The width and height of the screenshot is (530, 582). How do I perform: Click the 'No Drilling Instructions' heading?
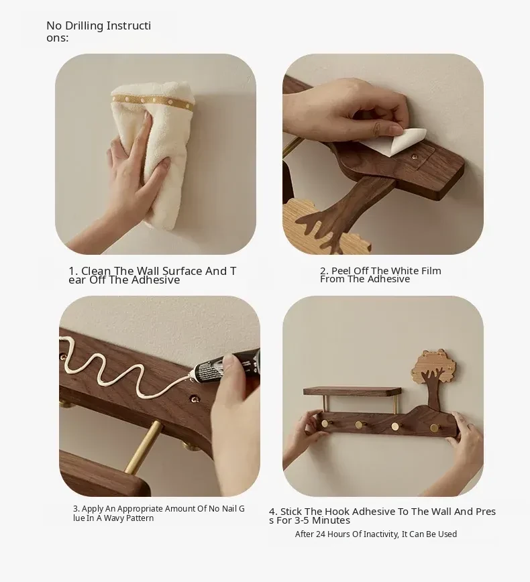[99, 32]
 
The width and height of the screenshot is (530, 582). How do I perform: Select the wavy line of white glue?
[123, 367]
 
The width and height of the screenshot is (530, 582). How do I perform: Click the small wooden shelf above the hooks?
[352, 391]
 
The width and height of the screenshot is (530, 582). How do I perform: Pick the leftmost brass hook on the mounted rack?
[325, 423]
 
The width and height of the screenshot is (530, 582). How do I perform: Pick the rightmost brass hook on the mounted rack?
[435, 428]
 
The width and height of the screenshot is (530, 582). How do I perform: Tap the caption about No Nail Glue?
[158, 514]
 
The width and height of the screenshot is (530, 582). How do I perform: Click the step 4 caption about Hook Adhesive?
[382, 516]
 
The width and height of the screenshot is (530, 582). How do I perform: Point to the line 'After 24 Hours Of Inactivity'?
[376, 534]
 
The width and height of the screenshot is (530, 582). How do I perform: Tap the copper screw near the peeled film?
[415, 158]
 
